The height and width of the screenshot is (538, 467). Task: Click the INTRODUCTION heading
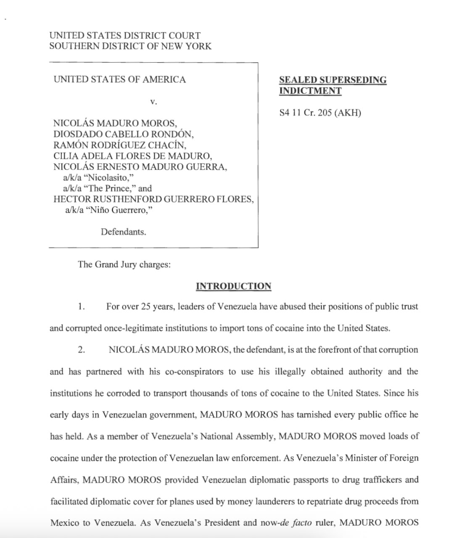pyautogui.click(x=233, y=286)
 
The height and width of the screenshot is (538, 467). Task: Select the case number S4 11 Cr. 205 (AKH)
pyautogui.click(x=320, y=113)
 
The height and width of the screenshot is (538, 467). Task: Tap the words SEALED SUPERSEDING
pyautogui.click(x=332, y=80)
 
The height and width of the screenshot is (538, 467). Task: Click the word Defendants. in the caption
pyautogui.click(x=123, y=232)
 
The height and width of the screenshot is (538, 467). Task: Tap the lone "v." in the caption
pyautogui.click(x=153, y=101)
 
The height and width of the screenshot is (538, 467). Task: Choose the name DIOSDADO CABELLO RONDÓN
pyautogui.click(x=123, y=134)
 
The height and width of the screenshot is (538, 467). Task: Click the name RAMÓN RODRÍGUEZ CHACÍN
pyautogui.click(x=120, y=145)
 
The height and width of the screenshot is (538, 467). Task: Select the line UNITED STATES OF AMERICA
pyautogui.click(x=119, y=79)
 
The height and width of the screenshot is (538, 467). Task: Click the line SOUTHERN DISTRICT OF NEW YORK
pyautogui.click(x=130, y=46)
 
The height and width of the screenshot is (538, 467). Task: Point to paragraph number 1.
pyautogui.click(x=81, y=307)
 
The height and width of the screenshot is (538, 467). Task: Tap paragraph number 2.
pyautogui.click(x=81, y=350)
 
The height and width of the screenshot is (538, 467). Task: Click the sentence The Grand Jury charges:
pyautogui.click(x=124, y=264)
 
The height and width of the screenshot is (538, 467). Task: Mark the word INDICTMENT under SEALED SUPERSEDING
pyautogui.click(x=310, y=91)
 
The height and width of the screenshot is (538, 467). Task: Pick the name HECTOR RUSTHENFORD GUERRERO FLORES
pyautogui.click(x=153, y=199)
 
